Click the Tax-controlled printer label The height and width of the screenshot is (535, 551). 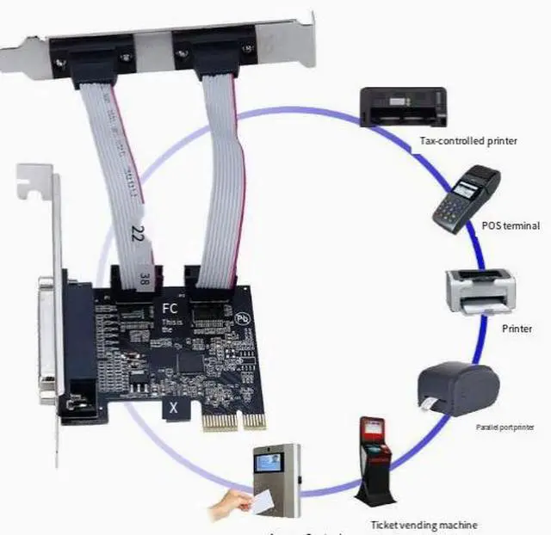click(468, 140)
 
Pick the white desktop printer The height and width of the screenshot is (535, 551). click(480, 292)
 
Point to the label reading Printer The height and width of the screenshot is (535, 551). click(517, 329)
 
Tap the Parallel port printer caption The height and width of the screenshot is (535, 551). click(511, 427)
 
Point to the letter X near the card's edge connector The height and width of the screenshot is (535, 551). click(174, 409)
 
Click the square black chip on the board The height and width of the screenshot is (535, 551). click(189, 360)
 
